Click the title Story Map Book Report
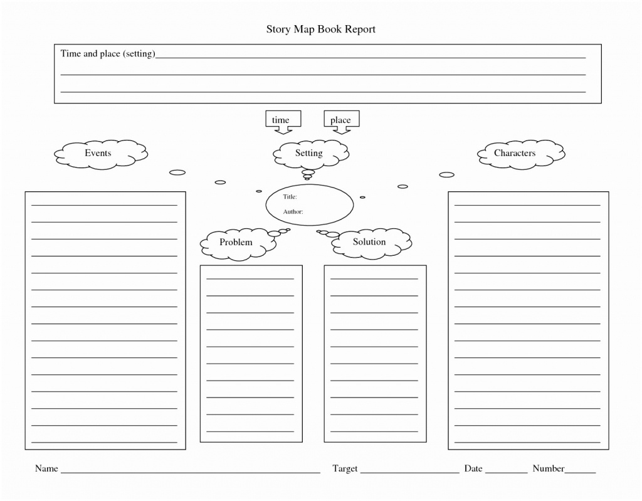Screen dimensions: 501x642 [x=320, y=29]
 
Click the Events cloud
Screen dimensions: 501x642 [x=98, y=154]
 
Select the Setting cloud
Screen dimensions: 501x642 [x=309, y=154]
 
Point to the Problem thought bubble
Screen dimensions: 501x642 [x=236, y=243]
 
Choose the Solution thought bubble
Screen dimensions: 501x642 [x=369, y=243]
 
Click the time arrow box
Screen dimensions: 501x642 [x=281, y=120]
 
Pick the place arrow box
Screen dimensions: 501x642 [x=340, y=120]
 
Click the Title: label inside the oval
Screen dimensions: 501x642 [x=290, y=197]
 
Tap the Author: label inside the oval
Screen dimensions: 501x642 [x=293, y=212]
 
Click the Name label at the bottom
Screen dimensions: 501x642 [x=46, y=468]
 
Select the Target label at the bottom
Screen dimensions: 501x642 [x=345, y=468]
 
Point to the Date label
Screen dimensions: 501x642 [x=473, y=468]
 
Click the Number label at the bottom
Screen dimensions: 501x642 [x=549, y=468]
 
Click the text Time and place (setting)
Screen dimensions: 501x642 [x=107, y=54]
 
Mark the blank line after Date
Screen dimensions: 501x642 [x=507, y=472]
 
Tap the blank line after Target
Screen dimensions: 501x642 [x=410, y=472]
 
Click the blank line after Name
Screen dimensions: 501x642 [x=190, y=472]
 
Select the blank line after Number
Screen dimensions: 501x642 [x=581, y=472]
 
